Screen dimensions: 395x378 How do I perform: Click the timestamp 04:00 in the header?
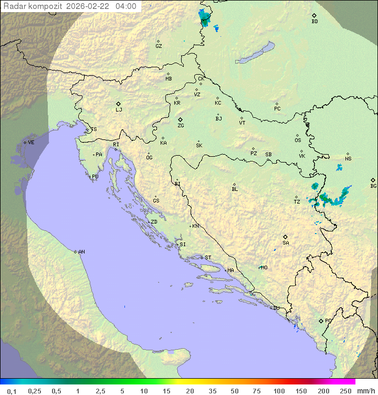tap(126, 7)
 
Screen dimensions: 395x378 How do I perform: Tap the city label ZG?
tap(181, 126)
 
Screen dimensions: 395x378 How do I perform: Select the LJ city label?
tap(119, 110)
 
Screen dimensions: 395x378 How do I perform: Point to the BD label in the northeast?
tap(314, 22)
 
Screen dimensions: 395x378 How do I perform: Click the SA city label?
tap(286, 243)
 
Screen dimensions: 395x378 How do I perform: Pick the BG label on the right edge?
tap(373, 186)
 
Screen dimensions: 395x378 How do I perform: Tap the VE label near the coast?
tap(31, 143)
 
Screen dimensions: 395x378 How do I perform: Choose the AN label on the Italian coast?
tap(81, 252)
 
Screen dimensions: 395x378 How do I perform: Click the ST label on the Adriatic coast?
tap(208, 258)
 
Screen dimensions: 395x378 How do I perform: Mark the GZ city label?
tap(159, 46)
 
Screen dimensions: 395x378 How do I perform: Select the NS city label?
tap(348, 159)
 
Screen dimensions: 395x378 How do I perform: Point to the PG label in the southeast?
tap(328, 321)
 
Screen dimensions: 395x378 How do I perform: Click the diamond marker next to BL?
tap(234, 184)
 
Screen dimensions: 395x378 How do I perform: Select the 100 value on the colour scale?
tap(279, 391)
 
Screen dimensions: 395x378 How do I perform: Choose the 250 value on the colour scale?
tap(345, 391)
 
